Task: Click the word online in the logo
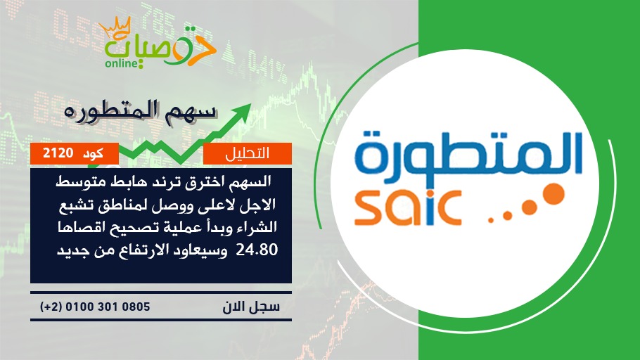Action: tap(120, 63)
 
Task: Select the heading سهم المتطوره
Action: tap(139, 111)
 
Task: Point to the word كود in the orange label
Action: tap(93, 154)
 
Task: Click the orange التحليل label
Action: tap(248, 153)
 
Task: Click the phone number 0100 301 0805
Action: tap(108, 307)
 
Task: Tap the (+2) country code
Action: tap(51, 307)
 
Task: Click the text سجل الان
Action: tap(251, 307)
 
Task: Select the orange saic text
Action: tap(408, 207)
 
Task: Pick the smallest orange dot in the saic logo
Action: tap(491, 220)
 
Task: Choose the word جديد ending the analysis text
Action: tap(71, 250)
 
